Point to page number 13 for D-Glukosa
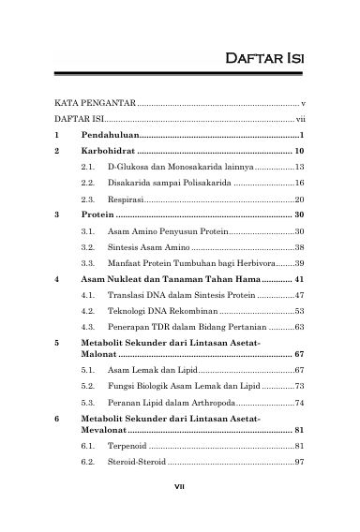[300, 167]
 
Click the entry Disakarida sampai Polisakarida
[156, 183]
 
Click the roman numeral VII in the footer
[180, 512]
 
